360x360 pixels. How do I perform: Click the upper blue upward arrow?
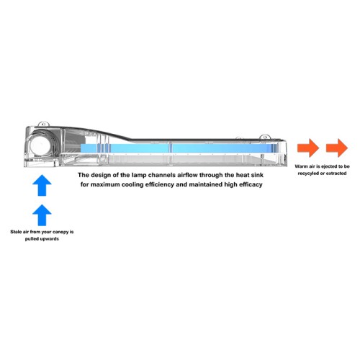[x=42, y=185]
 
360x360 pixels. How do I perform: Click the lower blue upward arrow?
[x=42, y=215]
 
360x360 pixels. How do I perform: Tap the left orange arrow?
[x=308, y=148]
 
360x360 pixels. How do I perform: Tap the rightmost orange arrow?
[x=337, y=148]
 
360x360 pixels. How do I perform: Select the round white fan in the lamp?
[x=40, y=145]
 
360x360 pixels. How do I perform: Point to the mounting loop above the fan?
[x=44, y=124]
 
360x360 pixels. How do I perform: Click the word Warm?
[x=301, y=166]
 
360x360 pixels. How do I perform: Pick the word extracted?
[x=336, y=174]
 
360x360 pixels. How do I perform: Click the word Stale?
[x=16, y=232]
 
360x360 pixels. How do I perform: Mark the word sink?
[x=257, y=175]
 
